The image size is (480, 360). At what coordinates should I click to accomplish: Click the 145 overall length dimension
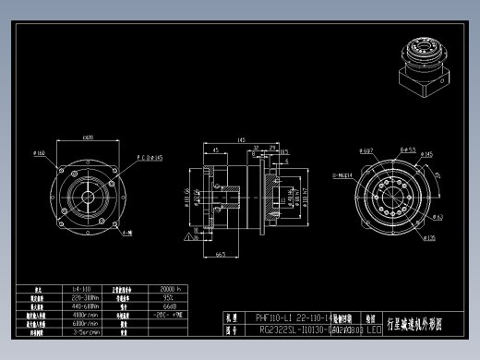[240, 140]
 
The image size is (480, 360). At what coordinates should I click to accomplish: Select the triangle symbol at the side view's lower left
[188, 238]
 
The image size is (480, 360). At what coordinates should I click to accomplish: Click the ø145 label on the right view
[426, 154]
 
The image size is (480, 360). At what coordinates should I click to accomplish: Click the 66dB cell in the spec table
[170, 306]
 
